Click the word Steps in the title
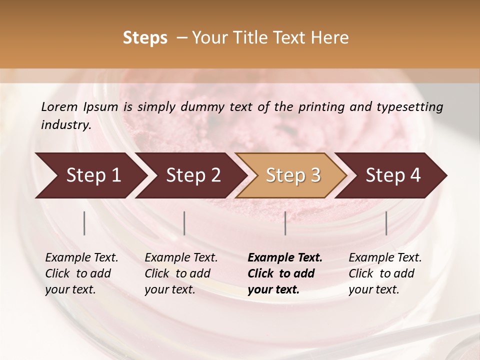pyautogui.click(x=145, y=38)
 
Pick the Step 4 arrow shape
pyautogui.click(x=392, y=175)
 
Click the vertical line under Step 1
pyautogui.click(x=84, y=223)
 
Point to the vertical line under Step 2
pyautogui.click(x=184, y=223)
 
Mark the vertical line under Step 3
pyautogui.click(x=285, y=223)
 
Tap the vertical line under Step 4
pyautogui.click(x=386, y=223)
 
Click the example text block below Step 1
pyautogui.click(x=81, y=273)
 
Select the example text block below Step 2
pyautogui.click(x=181, y=273)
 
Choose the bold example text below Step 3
pyautogui.click(x=285, y=273)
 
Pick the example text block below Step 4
pyautogui.click(x=385, y=273)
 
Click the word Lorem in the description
pyautogui.click(x=59, y=106)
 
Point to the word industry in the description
pyautogui.click(x=66, y=125)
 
